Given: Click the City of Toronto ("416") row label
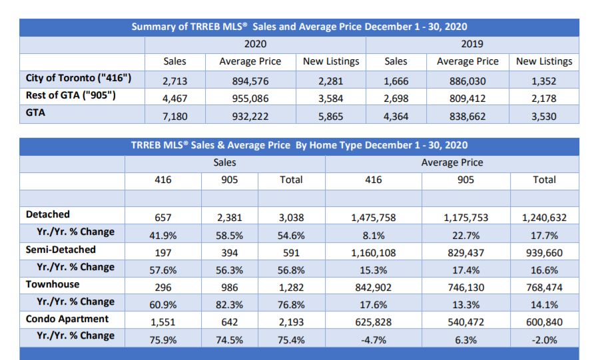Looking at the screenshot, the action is point(79,78).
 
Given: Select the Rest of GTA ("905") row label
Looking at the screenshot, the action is point(71,95).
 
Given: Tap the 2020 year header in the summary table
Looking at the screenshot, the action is point(255,44).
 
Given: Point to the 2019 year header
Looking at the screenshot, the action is point(472,44).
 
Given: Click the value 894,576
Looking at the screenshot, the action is point(250,81).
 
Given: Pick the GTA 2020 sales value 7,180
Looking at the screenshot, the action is point(175,116).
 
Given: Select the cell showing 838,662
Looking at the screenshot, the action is point(467,116).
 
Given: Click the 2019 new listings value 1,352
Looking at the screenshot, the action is point(544,81).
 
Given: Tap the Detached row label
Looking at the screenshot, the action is point(48,214).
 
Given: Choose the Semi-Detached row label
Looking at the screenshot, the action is point(61,250).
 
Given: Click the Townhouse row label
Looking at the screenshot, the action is point(53,284).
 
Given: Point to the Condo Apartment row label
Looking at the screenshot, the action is point(67,319).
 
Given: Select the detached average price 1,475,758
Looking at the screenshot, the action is point(374,218).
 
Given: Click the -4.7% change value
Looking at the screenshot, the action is point(374,340).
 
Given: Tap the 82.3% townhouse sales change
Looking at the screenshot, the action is point(229,305).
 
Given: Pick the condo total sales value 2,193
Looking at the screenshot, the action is point(291,322).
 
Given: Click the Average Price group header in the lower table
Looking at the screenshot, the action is point(452,162).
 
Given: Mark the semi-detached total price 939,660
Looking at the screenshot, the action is point(544,253).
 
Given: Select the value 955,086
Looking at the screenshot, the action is point(250,98).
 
